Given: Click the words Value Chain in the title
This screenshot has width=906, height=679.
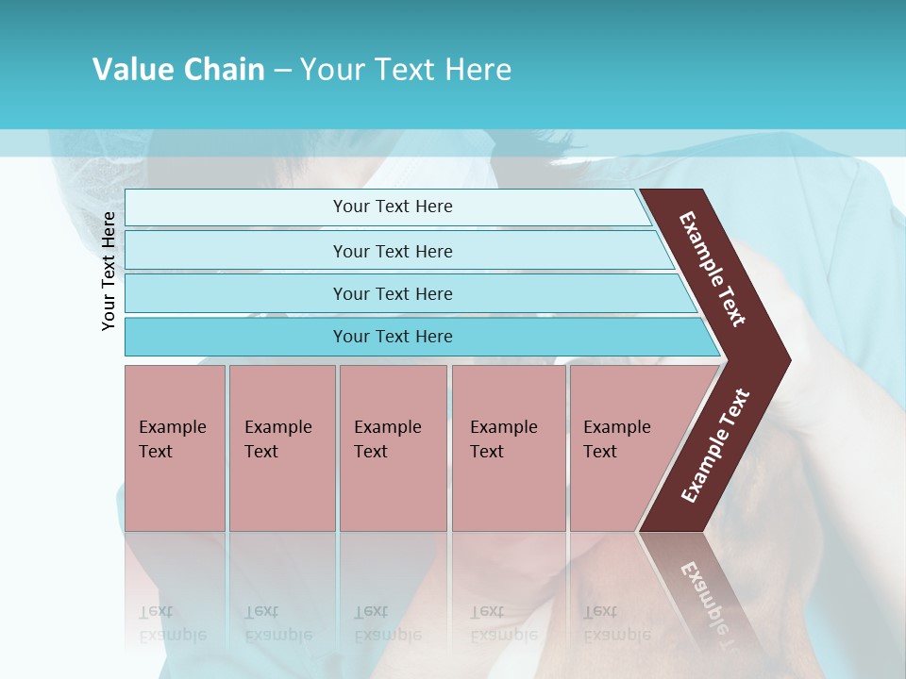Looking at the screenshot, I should click(178, 70).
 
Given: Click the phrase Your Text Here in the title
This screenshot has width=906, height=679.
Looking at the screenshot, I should click(406, 70).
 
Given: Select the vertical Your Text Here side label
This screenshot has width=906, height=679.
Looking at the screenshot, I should click(109, 271).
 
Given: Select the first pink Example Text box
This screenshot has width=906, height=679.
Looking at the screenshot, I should click(175, 448).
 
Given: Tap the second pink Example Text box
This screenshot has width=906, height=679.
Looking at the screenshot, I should click(282, 448).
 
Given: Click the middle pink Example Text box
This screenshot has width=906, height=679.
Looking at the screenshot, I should click(393, 448).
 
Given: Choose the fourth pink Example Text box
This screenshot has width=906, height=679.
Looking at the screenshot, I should click(509, 448).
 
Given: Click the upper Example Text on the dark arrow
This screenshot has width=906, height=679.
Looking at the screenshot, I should click(713, 269).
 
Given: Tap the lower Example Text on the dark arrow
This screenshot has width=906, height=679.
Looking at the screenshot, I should click(715, 445).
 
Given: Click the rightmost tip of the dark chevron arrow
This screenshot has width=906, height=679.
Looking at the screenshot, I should click(788, 359).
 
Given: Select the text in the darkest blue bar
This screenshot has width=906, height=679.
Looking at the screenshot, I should click(393, 337).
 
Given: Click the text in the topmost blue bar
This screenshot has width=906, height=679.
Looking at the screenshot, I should click(393, 207).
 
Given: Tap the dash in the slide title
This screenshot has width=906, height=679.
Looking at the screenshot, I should click(282, 71).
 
